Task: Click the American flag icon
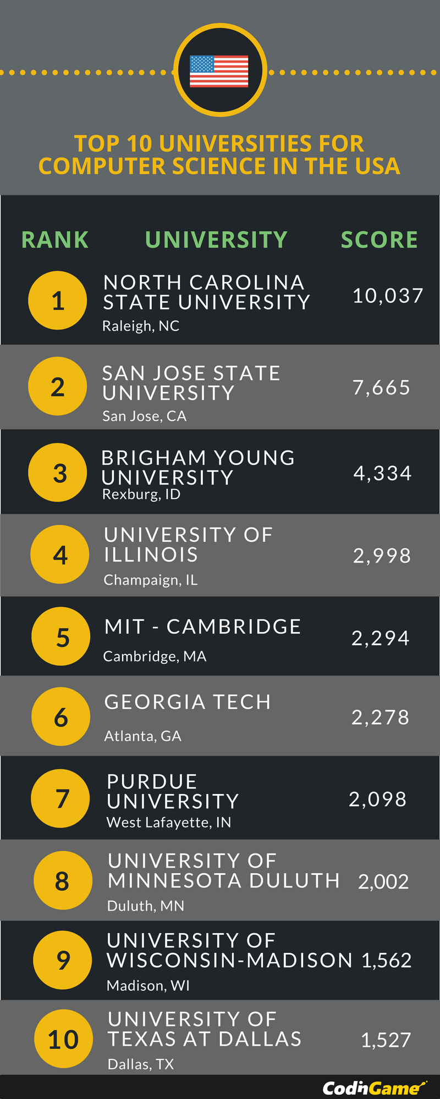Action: point(219,71)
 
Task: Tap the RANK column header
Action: point(55,240)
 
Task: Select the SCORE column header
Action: point(379,240)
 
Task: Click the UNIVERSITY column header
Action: point(216,240)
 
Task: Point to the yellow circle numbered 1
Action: point(58,301)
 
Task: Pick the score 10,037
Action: point(388,296)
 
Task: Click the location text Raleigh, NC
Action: point(141,326)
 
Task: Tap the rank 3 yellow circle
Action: point(58,473)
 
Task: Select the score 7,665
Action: point(382,388)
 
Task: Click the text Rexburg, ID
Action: point(141,495)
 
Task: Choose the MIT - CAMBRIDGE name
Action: point(203,627)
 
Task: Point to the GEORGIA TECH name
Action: point(188,702)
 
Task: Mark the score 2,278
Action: point(381,718)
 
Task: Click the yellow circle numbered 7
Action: point(61,798)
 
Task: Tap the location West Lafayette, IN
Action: point(169,823)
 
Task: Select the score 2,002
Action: point(383,882)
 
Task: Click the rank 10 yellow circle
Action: point(63,1039)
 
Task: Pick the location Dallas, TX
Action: point(141,1064)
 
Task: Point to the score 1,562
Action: point(387,961)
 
